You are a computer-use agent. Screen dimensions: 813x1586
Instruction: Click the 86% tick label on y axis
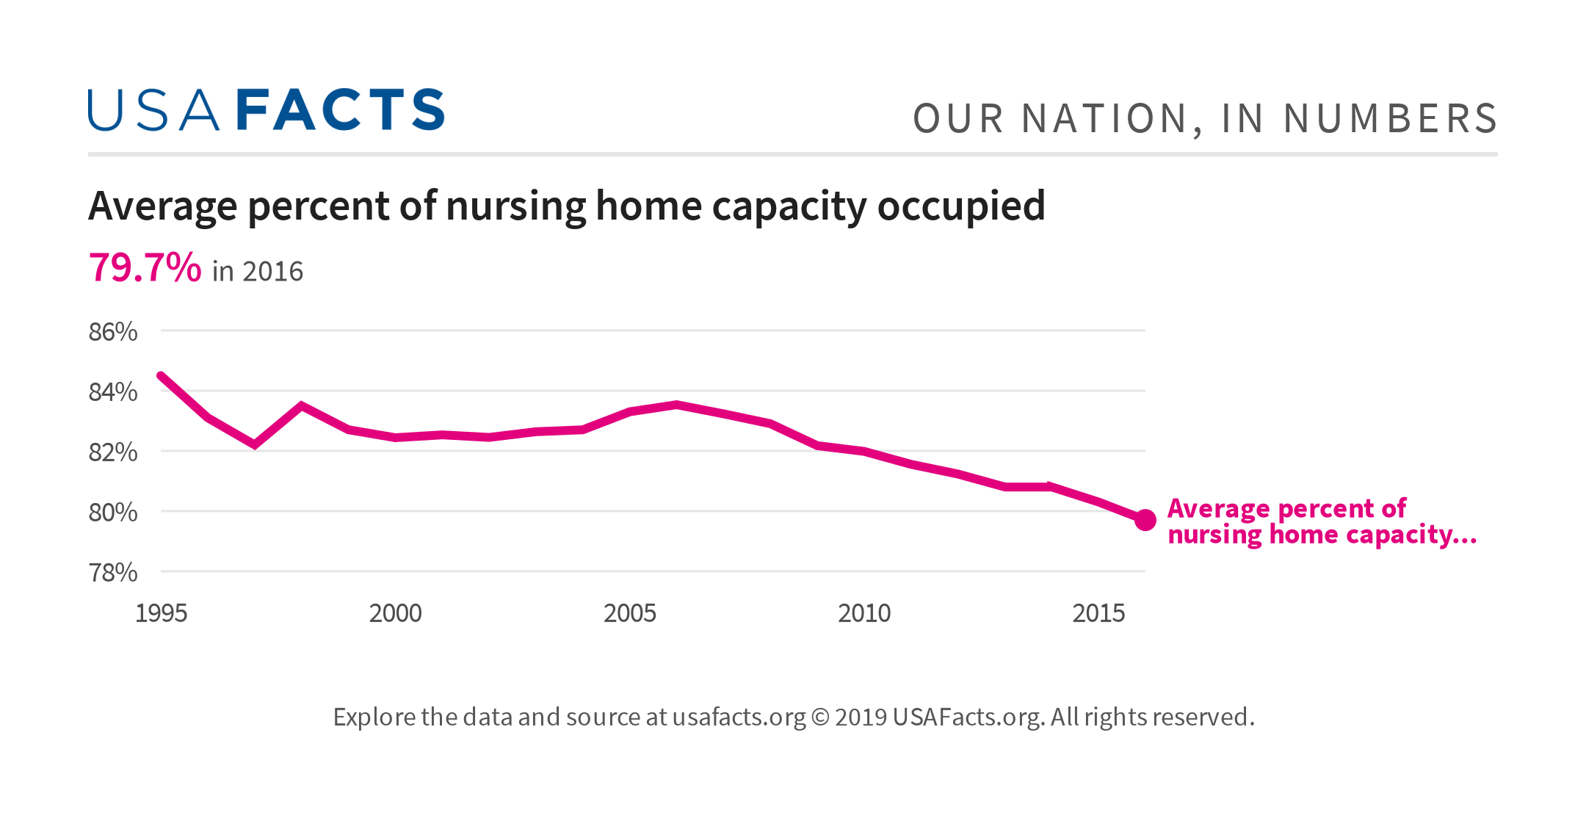(113, 332)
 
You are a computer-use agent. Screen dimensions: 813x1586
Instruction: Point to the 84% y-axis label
(113, 392)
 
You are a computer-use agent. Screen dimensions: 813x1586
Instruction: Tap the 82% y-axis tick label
(113, 452)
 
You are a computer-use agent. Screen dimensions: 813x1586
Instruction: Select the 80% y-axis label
(113, 512)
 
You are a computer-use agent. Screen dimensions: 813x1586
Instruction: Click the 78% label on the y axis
(113, 572)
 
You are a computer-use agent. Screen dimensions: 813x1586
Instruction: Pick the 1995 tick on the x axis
(161, 613)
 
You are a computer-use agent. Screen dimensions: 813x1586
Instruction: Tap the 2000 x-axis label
(395, 613)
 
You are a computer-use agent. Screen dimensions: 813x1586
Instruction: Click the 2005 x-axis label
(630, 613)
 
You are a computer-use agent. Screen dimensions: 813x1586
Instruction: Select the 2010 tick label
(864, 613)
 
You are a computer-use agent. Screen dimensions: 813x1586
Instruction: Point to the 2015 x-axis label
(1098, 613)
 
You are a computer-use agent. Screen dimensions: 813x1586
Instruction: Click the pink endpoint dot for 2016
(1145, 520)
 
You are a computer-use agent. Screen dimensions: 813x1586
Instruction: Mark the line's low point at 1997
(255, 444)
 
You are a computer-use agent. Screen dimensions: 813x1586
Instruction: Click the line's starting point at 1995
(162, 376)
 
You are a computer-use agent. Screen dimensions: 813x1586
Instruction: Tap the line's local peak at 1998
(302, 405)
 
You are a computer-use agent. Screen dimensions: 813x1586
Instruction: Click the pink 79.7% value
(145, 268)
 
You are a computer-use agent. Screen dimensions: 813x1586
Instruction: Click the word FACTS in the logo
(341, 110)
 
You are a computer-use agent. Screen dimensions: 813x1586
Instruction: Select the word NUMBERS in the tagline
(1390, 119)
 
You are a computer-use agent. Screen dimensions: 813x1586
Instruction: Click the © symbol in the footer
(820, 718)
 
